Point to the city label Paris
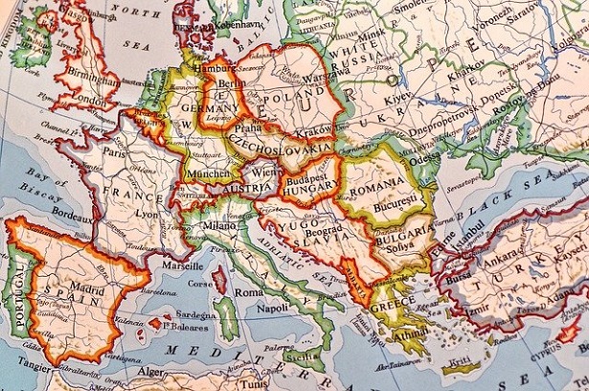[x=116, y=151]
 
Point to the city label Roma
[x=248, y=290]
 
